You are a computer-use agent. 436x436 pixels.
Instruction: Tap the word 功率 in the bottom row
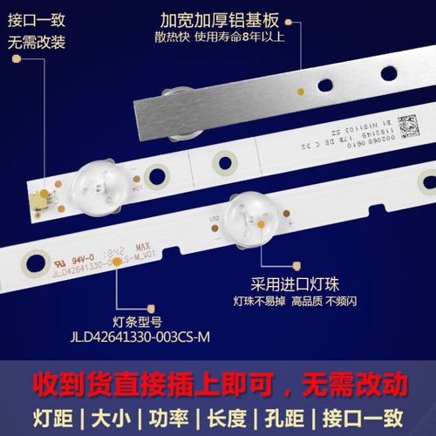168,413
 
